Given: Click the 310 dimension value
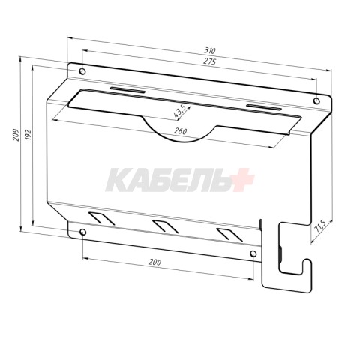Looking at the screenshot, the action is (x=209, y=50).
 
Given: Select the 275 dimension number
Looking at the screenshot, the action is (x=209, y=61).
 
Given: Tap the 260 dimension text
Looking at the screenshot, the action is (x=180, y=131).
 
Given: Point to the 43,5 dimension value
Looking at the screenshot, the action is (x=180, y=111).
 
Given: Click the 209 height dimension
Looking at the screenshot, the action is (x=16, y=135).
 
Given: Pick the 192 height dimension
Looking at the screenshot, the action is (x=28, y=135).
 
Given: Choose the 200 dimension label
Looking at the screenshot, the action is (x=154, y=262).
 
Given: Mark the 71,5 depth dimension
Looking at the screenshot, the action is (x=319, y=226).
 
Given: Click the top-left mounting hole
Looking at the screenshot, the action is (x=82, y=71).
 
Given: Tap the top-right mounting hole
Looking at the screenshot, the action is (x=316, y=101).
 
